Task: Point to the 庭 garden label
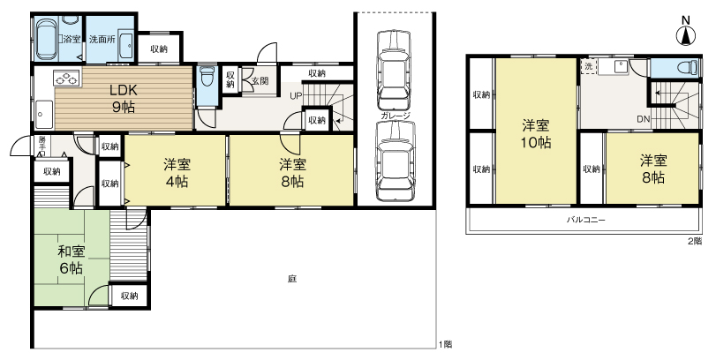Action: [291, 279]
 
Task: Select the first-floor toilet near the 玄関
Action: [207, 79]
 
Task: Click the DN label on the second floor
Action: [643, 120]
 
